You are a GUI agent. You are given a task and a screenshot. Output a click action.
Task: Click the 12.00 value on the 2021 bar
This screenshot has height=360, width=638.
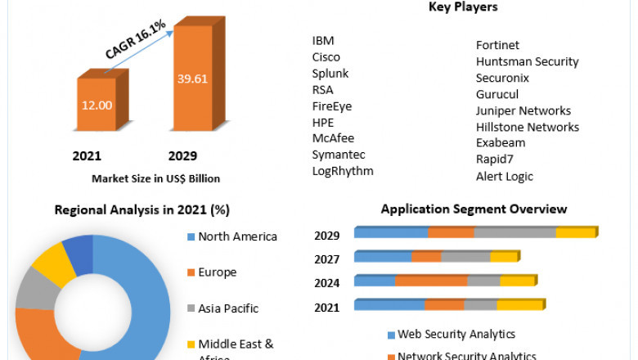coord(97,106)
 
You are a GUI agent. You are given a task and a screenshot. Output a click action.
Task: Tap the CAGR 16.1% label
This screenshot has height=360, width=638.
coord(136,40)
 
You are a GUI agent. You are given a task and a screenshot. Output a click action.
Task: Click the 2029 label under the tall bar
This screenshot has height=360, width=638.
coord(182,155)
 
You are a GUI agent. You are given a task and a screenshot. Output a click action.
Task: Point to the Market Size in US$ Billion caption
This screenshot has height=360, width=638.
coord(155,178)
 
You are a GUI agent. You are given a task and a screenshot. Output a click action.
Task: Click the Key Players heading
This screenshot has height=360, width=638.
coord(463,7)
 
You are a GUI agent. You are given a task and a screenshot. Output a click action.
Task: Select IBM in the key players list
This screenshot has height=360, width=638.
coord(323,41)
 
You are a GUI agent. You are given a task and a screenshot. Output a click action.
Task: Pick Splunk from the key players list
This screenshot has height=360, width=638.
coord(330,74)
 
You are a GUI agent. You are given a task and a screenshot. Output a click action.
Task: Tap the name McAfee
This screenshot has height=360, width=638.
coord(333,138)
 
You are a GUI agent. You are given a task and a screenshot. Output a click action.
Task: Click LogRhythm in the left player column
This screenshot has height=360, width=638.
coord(343,171)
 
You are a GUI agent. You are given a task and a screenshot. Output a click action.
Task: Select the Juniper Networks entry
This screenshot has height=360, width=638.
coord(523,110)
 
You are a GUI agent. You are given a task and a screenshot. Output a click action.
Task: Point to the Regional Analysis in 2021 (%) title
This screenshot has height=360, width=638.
coord(142,209)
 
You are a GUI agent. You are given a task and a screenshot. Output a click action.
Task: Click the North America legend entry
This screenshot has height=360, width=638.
coord(237,236)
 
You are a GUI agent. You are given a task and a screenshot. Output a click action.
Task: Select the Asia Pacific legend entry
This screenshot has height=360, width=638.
coord(227,308)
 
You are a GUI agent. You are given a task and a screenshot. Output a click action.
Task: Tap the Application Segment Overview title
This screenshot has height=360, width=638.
coord(474,209)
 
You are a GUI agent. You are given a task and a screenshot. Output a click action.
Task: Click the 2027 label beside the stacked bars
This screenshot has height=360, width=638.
coord(327,259)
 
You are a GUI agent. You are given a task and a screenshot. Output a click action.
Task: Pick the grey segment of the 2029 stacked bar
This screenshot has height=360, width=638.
coord(515,233)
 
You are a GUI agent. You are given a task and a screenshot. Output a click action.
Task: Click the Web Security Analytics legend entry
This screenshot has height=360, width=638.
coord(456,334)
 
